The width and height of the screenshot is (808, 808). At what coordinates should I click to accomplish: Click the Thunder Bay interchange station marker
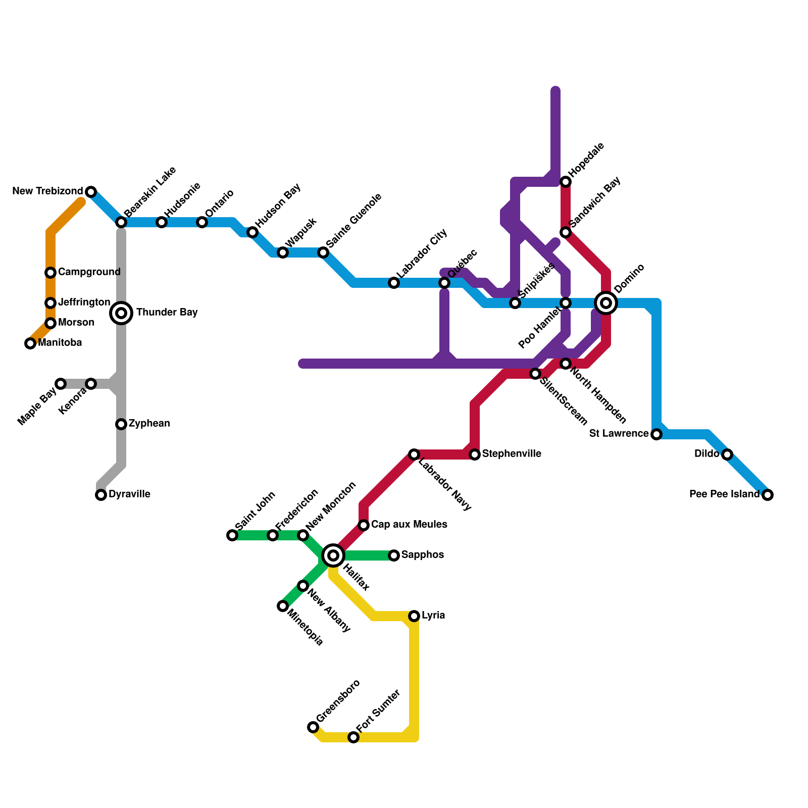click(121, 313)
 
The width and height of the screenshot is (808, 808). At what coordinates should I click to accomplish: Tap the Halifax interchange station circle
click(333, 555)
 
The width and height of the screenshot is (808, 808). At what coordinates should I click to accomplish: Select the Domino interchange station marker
click(606, 303)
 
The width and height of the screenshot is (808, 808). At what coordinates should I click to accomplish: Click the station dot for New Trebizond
click(91, 192)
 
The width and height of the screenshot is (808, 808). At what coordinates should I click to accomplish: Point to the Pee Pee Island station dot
click(768, 495)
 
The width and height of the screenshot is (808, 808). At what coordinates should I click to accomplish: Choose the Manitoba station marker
click(30, 343)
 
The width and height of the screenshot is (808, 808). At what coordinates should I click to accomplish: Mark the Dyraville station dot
click(101, 495)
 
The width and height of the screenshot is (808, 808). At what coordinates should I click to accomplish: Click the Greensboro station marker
click(313, 727)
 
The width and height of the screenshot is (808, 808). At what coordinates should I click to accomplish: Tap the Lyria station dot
click(414, 616)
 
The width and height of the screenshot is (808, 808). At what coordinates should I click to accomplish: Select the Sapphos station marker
click(394, 555)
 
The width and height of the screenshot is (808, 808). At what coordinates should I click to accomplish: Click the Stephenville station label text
click(512, 454)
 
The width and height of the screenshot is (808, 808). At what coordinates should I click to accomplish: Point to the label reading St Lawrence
click(619, 434)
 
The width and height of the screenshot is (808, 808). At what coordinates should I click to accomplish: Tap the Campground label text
click(89, 272)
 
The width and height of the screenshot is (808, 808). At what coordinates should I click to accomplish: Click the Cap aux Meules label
click(409, 525)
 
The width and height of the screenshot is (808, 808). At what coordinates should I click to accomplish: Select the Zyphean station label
click(149, 424)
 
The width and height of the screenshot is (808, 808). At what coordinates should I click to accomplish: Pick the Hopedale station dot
click(566, 182)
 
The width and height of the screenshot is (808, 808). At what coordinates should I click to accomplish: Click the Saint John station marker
click(232, 535)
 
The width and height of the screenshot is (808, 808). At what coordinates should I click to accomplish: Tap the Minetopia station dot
click(283, 606)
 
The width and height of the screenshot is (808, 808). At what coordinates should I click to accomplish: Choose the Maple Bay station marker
click(61, 384)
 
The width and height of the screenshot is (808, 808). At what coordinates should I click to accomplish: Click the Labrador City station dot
click(394, 283)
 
